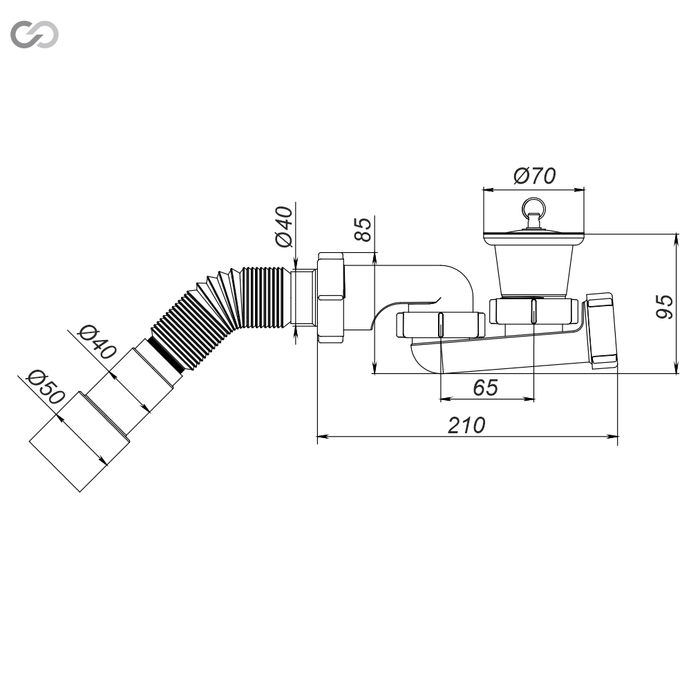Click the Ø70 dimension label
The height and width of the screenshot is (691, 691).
point(534,176)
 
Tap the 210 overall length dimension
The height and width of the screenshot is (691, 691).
point(466,425)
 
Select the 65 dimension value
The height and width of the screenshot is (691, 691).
point(485,388)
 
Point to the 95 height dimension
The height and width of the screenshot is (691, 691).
point(664,307)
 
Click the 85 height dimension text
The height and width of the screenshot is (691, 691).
point(363,229)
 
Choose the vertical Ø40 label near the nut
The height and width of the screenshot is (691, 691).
point(283,227)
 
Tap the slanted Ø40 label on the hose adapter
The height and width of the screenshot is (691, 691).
point(97,341)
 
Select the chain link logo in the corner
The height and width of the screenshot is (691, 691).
point(35,35)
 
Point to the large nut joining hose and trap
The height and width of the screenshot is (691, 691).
point(330,297)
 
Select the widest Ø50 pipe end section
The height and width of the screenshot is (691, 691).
point(79,441)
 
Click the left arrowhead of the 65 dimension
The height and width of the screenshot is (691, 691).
point(446,399)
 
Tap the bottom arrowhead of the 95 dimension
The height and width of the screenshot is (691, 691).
point(676,368)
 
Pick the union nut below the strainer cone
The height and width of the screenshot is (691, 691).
point(533,311)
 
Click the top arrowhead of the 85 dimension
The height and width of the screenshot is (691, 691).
point(374,258)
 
